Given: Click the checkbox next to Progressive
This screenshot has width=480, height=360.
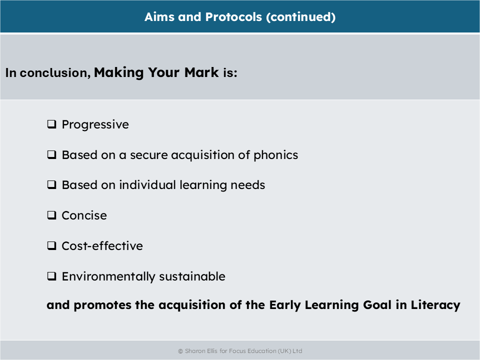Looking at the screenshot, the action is point(51,124).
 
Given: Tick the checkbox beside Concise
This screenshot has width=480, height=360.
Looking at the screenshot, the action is point(51,215).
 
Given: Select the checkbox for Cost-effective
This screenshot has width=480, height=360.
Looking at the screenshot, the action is point(51,246).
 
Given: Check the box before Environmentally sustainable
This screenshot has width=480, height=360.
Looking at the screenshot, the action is point(51,276).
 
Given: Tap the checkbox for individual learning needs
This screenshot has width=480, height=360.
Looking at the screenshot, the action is point(51,185).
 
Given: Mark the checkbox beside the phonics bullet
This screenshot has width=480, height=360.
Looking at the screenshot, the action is point(51,155).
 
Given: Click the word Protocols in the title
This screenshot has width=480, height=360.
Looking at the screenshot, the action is point(233,17).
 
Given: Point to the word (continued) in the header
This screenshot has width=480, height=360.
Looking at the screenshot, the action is point(301,17).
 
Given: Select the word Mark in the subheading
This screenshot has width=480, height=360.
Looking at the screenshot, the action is point(201,72).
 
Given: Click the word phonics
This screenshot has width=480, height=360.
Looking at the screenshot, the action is point(276,155).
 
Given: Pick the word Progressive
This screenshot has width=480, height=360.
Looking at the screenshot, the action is point(95,124).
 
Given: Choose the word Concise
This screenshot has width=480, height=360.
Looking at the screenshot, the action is point(84,215).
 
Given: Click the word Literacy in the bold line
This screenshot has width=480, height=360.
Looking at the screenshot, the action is point(435,305).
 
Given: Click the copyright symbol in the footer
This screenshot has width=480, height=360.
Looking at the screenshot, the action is point(180,351).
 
